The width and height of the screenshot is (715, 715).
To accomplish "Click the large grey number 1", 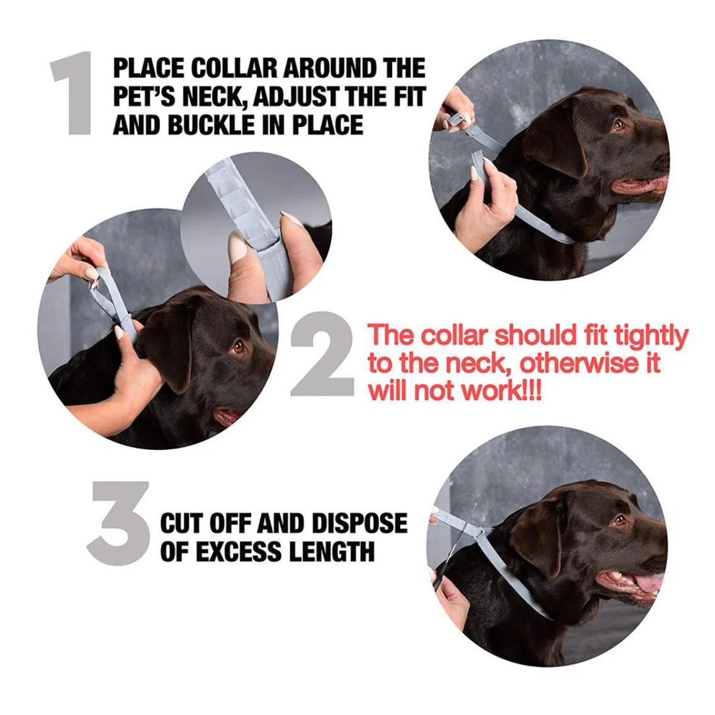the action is point(73,93).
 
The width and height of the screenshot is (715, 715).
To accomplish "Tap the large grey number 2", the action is point(322,354).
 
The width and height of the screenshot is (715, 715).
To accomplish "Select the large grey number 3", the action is point(118,524).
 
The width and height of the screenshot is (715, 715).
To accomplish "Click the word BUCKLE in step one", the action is point(211,125).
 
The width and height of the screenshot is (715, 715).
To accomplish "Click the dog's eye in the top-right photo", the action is point(619,125).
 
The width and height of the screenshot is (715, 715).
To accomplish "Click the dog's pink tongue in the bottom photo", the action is point(648,584).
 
